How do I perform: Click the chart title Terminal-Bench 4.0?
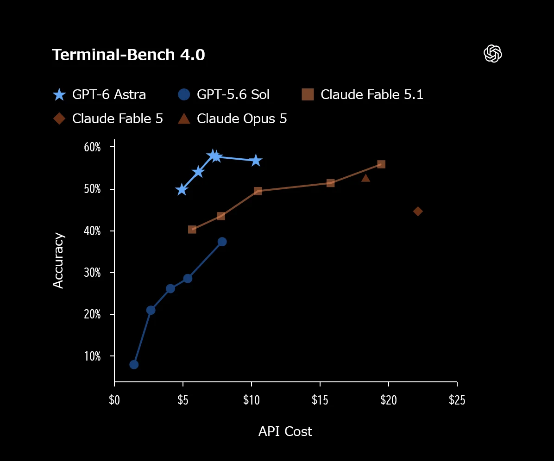click(128, 55)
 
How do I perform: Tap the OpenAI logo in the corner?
click(492, 54)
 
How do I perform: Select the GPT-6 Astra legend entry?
click(99, 94)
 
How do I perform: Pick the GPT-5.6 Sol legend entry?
click(224, 94)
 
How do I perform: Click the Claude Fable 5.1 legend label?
click(371, 94)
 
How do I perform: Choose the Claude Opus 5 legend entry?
click(233, 118)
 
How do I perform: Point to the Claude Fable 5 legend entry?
click(108, 118)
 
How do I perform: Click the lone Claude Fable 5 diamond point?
click(418, 212)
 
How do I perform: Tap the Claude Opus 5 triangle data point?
click(365, 178)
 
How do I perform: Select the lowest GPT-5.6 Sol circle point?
click(134, 365)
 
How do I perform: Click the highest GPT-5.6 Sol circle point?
click(222, 242)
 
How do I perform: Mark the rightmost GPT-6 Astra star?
click(256, 161)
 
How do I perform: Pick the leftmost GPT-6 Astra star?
click(182, 190)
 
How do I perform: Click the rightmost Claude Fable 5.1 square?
click(381, 164)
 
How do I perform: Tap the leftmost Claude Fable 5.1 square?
click(192, 230)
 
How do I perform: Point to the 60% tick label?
click(92, 147)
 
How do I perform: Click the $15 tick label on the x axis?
click(320, 400)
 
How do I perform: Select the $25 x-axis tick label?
click(457, 400)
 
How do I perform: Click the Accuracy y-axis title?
click(58, 261)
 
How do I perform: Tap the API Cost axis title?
click(285, 431)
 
